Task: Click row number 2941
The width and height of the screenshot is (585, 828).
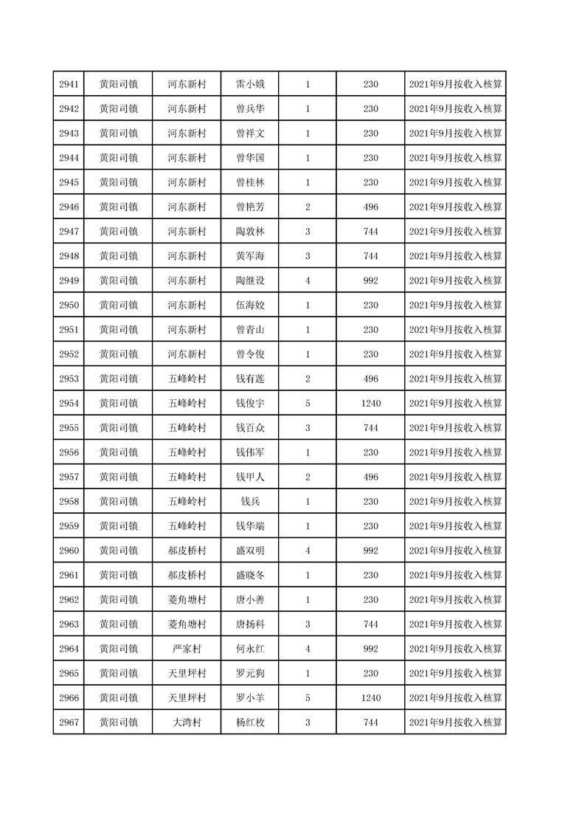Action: point(69,84)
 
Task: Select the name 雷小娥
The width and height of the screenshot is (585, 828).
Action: point(250,84)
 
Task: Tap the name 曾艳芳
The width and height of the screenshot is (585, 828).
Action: point(250,207)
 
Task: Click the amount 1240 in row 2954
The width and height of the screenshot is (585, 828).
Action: point(370,403)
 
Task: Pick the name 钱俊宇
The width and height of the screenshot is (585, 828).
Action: point(250,403)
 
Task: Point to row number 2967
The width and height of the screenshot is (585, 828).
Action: point(69,722)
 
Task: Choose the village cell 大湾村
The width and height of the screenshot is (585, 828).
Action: point(187,722)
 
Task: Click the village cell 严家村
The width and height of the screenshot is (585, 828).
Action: point(187,649)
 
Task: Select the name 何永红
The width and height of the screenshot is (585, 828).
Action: point(250,649)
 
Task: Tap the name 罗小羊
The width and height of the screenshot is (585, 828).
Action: point(250,698)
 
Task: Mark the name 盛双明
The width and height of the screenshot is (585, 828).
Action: point(250,551)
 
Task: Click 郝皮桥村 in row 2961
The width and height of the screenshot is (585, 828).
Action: point(187,575)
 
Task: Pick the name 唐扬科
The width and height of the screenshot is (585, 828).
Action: point(250,624)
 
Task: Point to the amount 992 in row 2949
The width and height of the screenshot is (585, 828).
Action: point(370,280)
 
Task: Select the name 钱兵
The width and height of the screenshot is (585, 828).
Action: point(250,502)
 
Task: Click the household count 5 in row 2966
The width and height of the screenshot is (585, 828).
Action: point(308,698)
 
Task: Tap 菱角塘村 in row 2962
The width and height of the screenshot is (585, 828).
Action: point(187,600)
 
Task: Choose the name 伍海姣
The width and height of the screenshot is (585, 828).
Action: point(250,305)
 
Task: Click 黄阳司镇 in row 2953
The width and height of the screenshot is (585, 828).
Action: point(119,379)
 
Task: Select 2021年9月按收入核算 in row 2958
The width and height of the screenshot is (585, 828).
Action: point(455,502)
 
